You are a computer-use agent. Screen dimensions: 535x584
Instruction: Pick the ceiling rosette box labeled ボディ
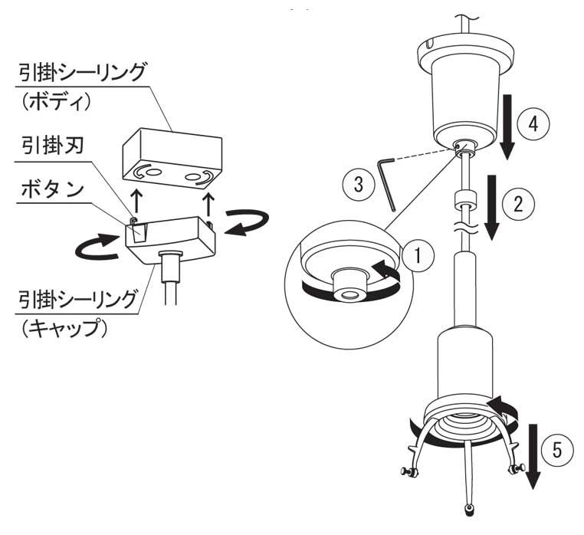pos(172,158)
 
